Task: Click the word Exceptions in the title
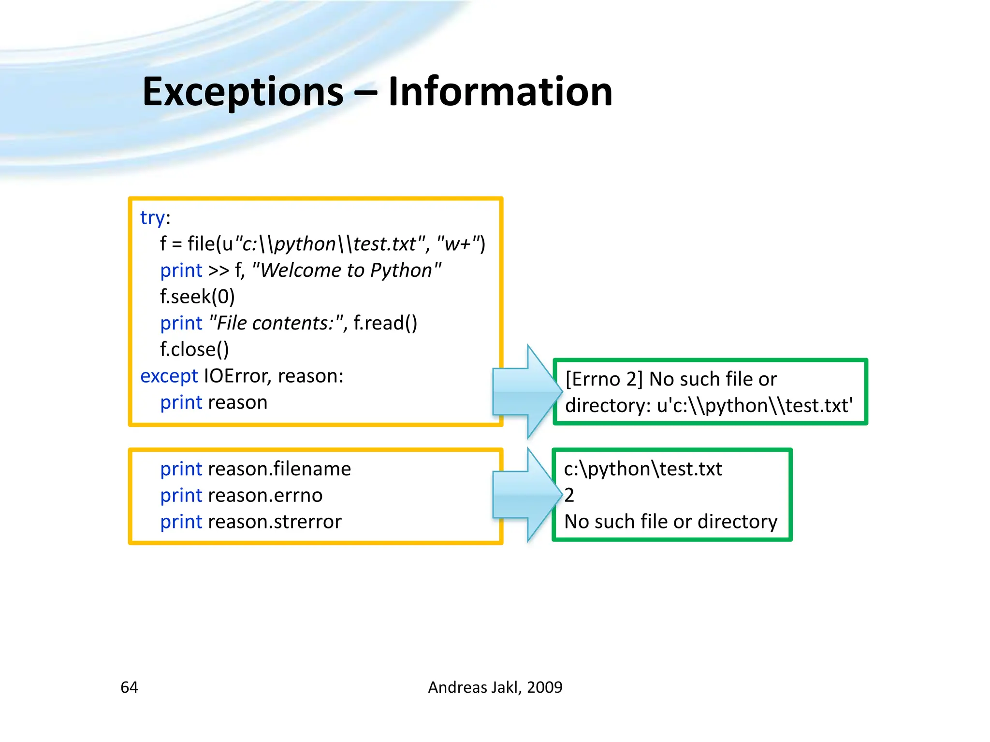tap(243, 92)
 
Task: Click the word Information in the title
tap(500, 92)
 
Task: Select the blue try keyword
tap(152, 218)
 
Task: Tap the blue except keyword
tap(169, 376)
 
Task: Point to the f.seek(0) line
tap(197, 297)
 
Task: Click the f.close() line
tap(194, 349)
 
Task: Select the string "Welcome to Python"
tap(347, 270)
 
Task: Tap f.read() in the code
tap(385, 323)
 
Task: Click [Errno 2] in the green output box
tap(604, 379)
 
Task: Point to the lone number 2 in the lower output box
tap(569, 495)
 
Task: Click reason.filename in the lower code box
tap(279, 469)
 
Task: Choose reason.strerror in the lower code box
tap(275, 522)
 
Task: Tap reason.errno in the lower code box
tap(265, 496)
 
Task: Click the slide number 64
tap(129, 687)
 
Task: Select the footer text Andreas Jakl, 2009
tap(495, 687)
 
